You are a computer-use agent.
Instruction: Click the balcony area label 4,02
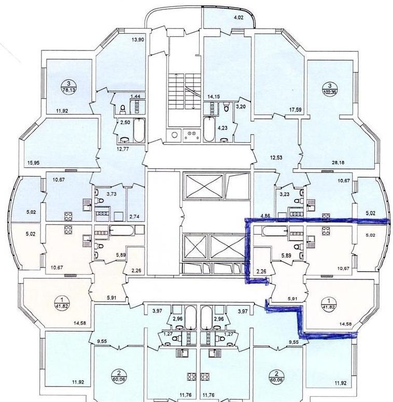coord(238,18)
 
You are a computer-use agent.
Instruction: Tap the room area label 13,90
coord(138,39)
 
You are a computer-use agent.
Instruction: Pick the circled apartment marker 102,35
coord(330,89)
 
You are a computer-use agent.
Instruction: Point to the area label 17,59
coord(294,110)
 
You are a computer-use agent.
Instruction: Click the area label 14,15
coord(214,97)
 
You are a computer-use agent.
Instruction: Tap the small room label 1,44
coord(136,97)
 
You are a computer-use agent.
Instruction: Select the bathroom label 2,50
coord(125,122)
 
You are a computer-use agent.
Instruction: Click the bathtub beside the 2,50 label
coord(139,130)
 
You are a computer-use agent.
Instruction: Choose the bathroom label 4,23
coord(222,128)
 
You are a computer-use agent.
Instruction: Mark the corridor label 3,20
coord(241,106)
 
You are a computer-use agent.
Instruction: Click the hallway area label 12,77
coord(122,149)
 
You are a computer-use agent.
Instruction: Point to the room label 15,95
coord(34,163)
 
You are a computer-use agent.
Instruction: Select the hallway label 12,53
coord(276,157)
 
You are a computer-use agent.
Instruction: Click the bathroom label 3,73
coord(111,194)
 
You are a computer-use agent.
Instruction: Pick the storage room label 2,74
coord(135,217)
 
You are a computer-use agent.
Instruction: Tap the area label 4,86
coord(265,216)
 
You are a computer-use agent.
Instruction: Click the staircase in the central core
coord(184,91)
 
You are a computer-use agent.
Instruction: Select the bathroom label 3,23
coord(285,194)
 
